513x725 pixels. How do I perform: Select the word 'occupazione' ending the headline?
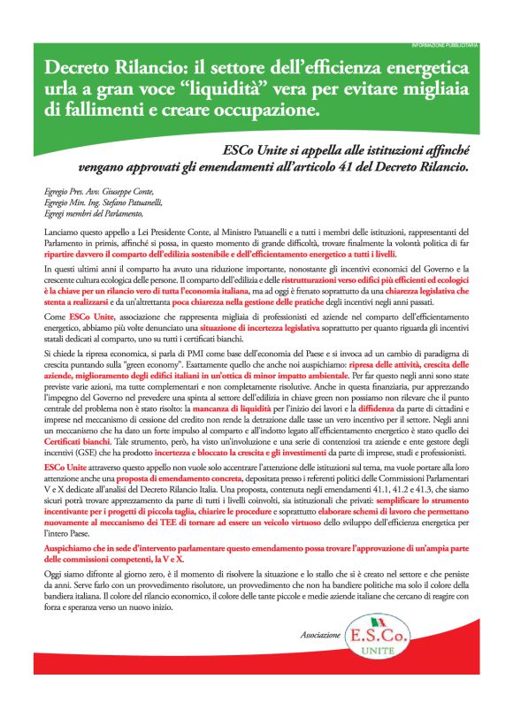[x=266, y=111]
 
